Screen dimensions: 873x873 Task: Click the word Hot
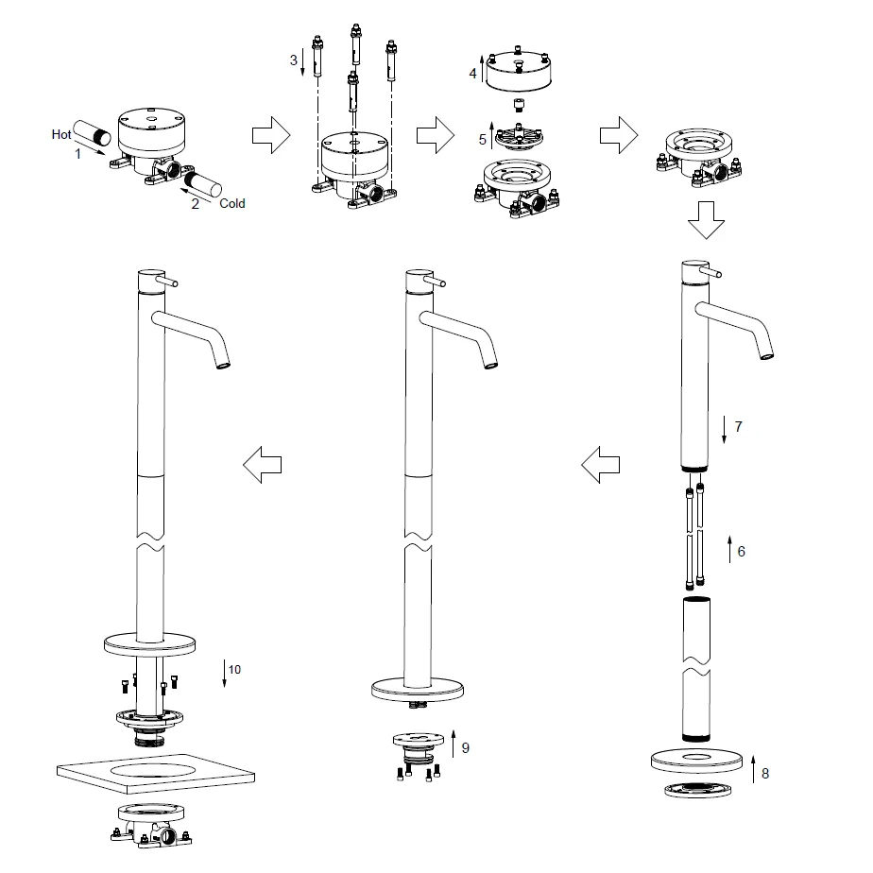[61, 134]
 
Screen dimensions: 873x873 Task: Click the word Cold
[232, 203]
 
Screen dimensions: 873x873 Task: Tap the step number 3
[294, 60]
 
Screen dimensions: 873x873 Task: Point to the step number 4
[472, 73]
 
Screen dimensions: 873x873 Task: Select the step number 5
[482, 140]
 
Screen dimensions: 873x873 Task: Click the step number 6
[741, 551]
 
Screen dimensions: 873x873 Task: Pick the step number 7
[738, 426]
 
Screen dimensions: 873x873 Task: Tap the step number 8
[765, 774]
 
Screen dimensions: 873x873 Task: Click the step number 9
[466, 747]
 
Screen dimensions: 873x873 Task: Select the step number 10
[234, 669]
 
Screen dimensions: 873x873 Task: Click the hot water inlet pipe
[92, 132]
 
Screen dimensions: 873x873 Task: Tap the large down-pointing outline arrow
[706, 220]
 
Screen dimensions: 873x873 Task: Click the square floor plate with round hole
[156, 773]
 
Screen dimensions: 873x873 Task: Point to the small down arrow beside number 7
[724, 429]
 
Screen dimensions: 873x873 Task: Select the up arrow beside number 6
[730, 550]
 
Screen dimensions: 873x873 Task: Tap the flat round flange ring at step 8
[696, 762]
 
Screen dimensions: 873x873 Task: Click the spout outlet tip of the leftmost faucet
[223, 366]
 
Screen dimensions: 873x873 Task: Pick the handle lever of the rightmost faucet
[712, 272]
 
